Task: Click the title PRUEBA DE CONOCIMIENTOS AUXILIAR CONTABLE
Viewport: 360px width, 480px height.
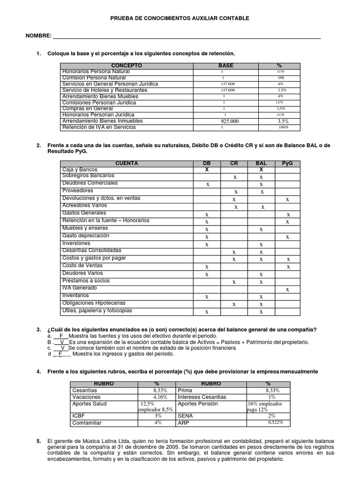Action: click(x=180, y=18)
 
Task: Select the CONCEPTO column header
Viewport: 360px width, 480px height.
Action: click(x=127, y=65)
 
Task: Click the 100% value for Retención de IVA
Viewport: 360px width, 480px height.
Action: click(x=283, y=127)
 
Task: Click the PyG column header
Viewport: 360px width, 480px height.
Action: click(x=287, y=163)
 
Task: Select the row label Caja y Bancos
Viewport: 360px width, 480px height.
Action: click(x=80, y=169)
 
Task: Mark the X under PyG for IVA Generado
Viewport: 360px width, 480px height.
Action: click(x=288, y=290)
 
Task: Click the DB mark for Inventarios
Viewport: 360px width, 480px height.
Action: click(x=207, y=297)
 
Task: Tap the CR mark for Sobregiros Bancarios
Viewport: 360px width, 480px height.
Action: click(x=235, y=177)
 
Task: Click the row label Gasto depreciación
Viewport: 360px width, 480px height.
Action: click(x=85, y=235)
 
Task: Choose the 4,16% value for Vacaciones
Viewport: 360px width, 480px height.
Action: click(x=157, y=397)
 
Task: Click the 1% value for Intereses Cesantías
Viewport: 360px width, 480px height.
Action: click(x=272, y=397)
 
